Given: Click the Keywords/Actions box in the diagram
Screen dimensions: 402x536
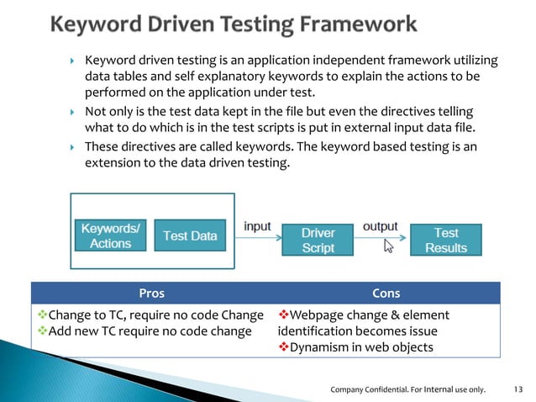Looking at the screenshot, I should [110, 235].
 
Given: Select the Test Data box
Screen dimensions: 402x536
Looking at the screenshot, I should [190, 236].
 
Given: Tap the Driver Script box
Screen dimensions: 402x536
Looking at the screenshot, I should [318, 240].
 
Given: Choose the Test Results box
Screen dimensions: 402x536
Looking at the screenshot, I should [445, 240].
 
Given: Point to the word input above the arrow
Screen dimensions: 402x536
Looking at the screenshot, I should [256, 227].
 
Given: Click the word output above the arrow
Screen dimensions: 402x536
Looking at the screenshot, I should [380, 227].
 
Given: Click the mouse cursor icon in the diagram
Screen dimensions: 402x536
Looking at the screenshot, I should [389, 246].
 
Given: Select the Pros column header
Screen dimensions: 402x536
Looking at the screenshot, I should [151, 294].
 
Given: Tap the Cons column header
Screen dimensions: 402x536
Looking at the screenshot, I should [386, 294].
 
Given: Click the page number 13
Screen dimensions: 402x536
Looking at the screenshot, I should [517, 389].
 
